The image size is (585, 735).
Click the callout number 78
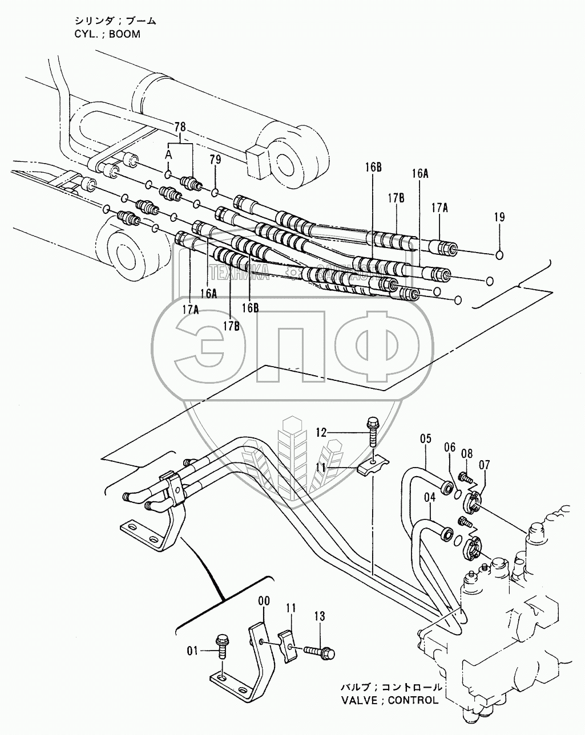coord(180,126)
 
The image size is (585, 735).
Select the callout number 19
coord(499,217)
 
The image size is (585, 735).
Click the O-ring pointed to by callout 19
coord(500,254)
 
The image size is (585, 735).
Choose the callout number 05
coord(425,438)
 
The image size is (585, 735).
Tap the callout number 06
coord(451,448)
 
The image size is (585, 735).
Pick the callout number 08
coord(467,454)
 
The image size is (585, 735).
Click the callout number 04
coord(429,497)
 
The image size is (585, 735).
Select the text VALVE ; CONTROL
coord(389,700)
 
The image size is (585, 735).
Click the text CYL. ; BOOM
coord(107,34)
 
